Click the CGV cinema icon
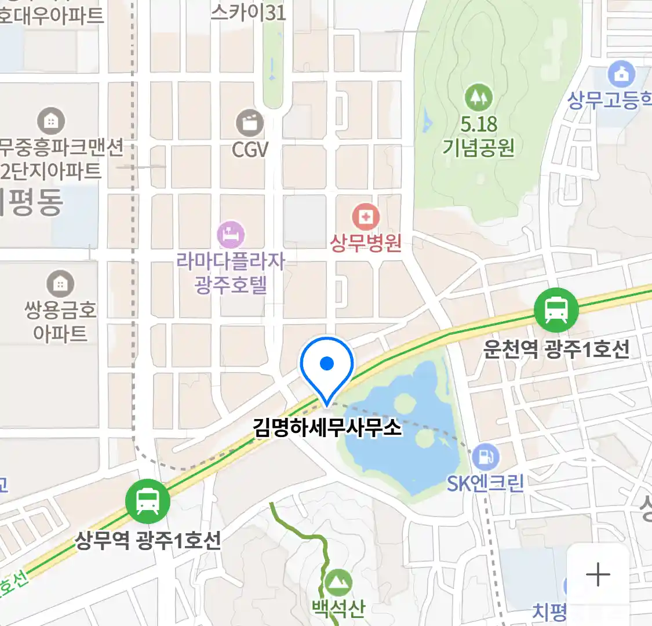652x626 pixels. [x=250, y=123]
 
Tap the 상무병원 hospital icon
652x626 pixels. [x=366, y=217]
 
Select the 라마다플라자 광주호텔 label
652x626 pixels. [x=231, y=273]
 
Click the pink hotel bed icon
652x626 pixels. [x=231, y=235]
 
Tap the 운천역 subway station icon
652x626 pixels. [x=556, y=310]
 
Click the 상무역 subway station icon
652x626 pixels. [x=148, y=501]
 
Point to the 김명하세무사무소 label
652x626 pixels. [x=327, y=428]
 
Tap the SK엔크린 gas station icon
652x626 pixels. [x=486, y=457]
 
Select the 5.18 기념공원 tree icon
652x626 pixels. [x=479, y=98]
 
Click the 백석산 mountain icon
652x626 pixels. [x=338, y=581]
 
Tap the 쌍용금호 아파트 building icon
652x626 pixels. [x=60, y=283]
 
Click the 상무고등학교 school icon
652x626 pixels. [x=621, y=75]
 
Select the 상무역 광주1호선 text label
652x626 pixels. [x=148, y=541]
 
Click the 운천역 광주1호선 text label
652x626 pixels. [x=556, y=350]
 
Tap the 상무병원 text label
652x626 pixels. [x=366, y=242]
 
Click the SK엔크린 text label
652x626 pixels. [x=486, y=482]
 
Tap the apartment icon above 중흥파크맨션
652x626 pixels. [x=51, y=121]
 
